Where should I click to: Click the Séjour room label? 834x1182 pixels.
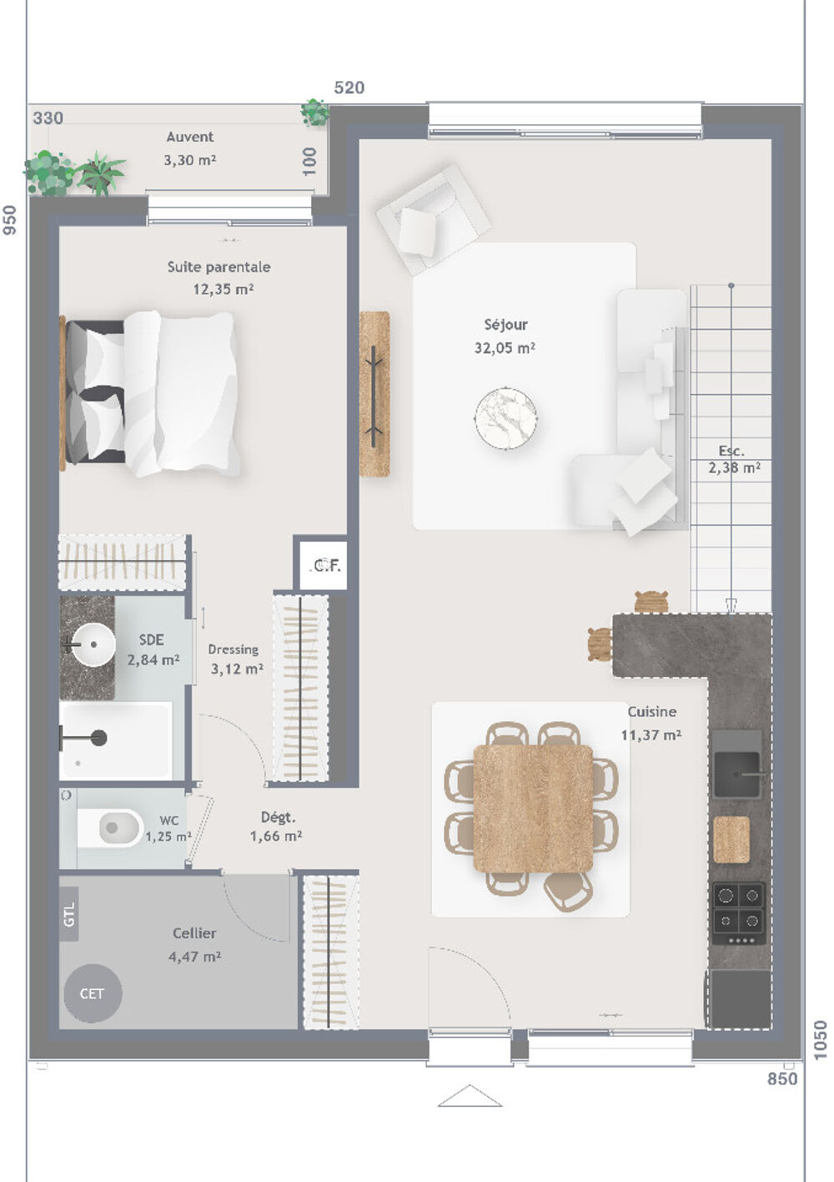pos(505,325)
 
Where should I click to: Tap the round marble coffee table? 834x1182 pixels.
pos(505,418)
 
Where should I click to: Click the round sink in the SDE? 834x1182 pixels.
pos(92,644)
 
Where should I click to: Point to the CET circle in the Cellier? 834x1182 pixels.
pos(92,993)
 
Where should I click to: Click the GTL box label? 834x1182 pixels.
pos(69,915)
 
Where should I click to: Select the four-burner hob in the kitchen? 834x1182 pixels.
pos(739,908)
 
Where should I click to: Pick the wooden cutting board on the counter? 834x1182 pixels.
pos(731,840)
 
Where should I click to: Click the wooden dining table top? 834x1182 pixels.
pos(533,808)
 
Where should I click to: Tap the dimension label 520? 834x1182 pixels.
pos(349,88)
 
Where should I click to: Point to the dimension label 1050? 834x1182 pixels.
pos(821,1040)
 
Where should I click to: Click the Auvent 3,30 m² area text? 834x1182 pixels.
pos(190,159)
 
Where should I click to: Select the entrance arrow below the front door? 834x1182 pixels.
pos(470,1096)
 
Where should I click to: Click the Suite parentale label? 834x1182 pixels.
pos(219,267)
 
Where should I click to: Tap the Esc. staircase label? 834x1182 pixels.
pos(731,452)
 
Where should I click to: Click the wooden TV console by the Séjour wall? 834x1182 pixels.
pos(374,394)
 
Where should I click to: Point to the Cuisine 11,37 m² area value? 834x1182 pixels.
pos(651,735)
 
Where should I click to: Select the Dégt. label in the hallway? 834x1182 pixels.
pos(278,817)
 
